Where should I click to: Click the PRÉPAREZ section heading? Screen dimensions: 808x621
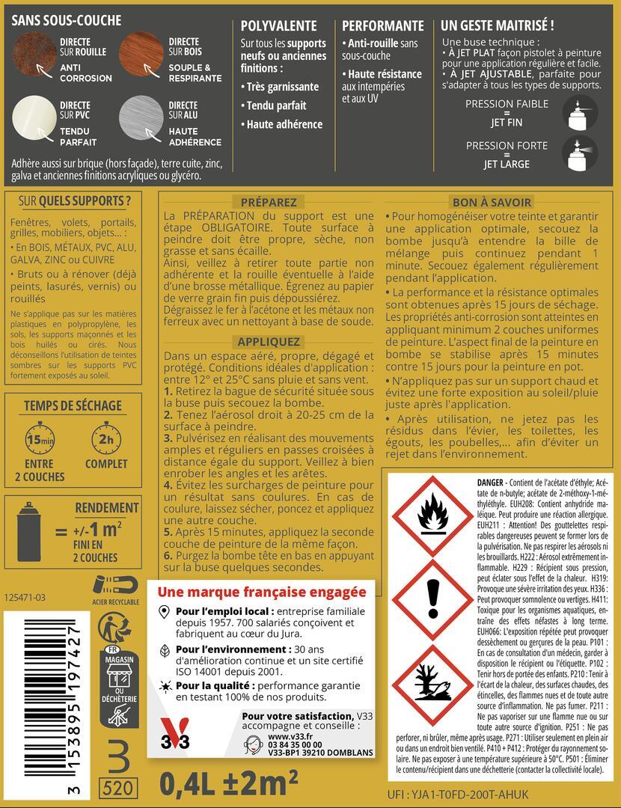pyautogui.click(x=269, y=202)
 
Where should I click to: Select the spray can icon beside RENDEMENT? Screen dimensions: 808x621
pyautogui.click(x=30, y=533)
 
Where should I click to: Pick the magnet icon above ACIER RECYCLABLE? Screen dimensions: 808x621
pyautogui.click(x=114, y=584)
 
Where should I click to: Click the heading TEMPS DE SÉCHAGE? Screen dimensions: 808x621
pyautogui.click(x=73, y=405)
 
